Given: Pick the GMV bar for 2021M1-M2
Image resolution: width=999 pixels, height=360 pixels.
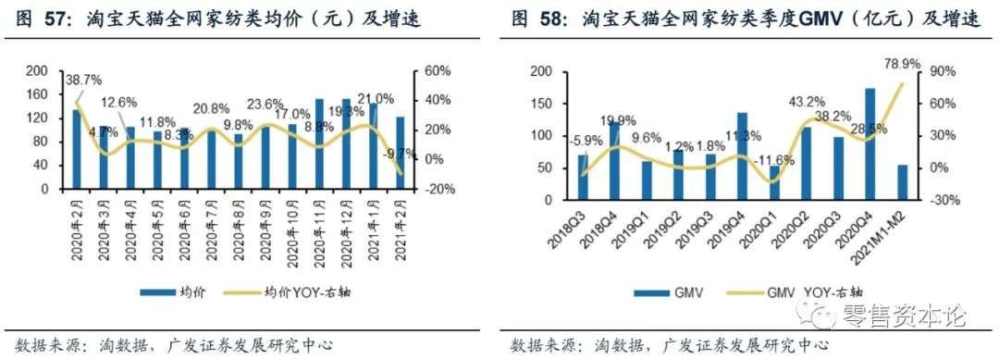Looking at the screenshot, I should pyautogui.click(x=903, y=182).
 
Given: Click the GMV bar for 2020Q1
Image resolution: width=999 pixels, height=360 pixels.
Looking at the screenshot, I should pyautogui.click(x=774, y=182).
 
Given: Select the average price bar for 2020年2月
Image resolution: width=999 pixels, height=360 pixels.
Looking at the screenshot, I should pyautogui.click(x=77, y=149).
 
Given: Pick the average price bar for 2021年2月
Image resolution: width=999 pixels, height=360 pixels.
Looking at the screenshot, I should pyautogui.click(x=400, y=153).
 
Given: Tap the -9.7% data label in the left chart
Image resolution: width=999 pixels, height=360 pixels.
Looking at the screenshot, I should pyautogui.click(x=400, y=153).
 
